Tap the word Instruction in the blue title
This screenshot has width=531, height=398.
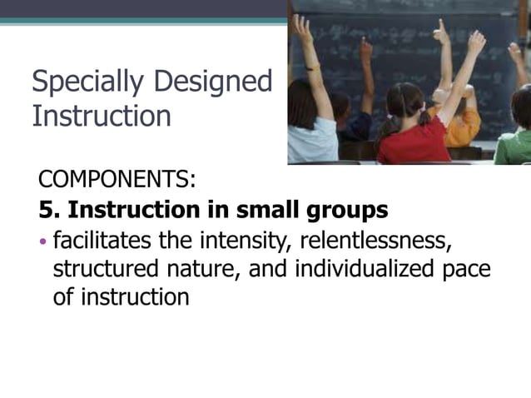point(101,115)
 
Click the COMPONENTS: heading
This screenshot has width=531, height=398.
point(117,179)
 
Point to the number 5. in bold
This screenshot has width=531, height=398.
point(52,209)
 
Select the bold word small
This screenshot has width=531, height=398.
point(266,209)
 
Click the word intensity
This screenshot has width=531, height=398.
point(256,242)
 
